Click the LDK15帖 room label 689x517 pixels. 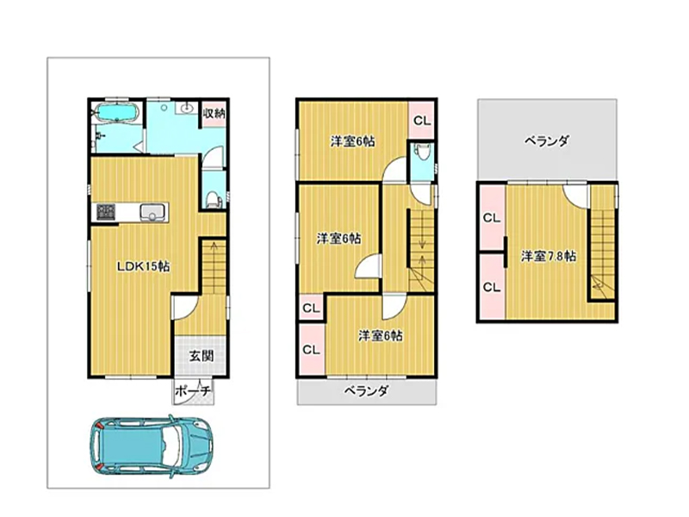pos(143,266)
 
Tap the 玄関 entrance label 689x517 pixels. pos(202,356)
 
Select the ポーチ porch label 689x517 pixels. pos(192,391)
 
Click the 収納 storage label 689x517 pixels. pos(214,114)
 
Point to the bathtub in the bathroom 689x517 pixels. pos(117,112)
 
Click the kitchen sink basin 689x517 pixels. pos(152,212)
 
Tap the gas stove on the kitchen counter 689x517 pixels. pos(106,212)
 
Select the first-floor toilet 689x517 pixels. pos(214,199)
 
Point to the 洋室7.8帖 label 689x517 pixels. pos(549,256)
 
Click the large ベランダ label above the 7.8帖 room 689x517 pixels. pos(547,141)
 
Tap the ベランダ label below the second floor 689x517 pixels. pos(366,390)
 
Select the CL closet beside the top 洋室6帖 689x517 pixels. pos(422,121)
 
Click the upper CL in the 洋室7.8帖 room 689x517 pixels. pos(492,218)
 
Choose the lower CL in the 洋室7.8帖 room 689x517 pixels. pos(492,288)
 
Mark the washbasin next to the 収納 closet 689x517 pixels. pos(188,107)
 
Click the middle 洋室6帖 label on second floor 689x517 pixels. pos(338,239)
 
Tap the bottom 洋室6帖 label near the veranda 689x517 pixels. pos(380,336)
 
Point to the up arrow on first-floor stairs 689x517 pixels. pos(214,252)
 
